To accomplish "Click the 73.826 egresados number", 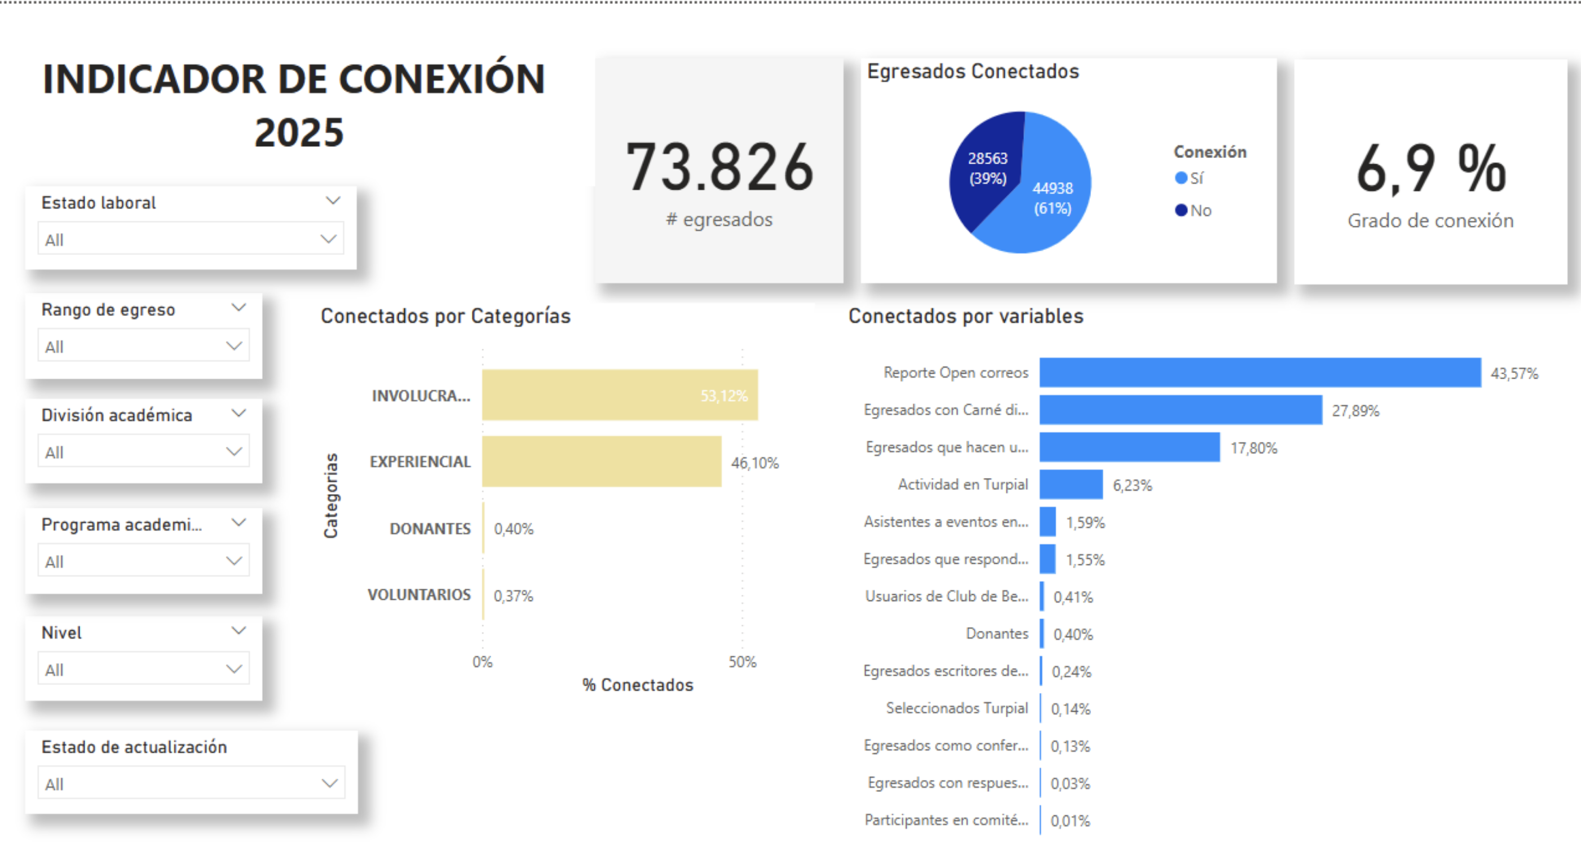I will click(719, 167).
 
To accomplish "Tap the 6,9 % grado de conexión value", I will click(1430, 168).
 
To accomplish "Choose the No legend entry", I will click(1193, 211).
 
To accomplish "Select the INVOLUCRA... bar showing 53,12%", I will click(619, 395).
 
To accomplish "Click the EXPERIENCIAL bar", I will click(602, 461).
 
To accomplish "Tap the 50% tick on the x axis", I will click(742, 661).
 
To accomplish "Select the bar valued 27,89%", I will click(1180, 410).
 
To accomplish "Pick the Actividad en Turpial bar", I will click(1071, 485).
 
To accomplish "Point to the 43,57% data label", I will click(1514, 374).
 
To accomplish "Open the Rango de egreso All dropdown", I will click(144, 346).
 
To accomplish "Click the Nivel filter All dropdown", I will click(144, 669).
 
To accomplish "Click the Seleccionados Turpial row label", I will click(956, 708).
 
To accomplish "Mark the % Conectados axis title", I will click(638, 685).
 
